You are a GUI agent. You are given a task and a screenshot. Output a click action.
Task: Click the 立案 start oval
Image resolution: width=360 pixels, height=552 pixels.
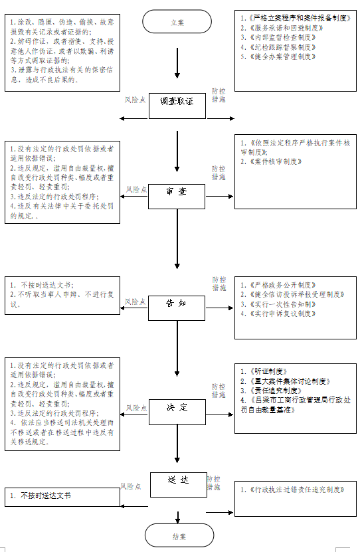point(177,23)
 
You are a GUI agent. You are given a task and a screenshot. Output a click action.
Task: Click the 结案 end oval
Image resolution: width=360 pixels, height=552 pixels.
point(177,535)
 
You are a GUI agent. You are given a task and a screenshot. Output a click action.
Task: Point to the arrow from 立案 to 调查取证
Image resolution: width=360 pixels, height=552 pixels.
point(177,64)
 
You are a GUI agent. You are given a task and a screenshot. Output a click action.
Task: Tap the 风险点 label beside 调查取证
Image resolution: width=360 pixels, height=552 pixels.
point(135,100)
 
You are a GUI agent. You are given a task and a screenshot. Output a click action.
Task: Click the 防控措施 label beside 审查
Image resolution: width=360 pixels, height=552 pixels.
point(218,173)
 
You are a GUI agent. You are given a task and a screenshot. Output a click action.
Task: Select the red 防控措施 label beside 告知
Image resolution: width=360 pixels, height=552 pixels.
point(219,284)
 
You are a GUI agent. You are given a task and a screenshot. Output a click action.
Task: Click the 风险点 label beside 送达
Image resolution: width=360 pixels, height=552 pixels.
point(130,486)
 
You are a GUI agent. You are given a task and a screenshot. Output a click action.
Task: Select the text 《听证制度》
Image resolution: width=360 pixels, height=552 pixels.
point(265,371)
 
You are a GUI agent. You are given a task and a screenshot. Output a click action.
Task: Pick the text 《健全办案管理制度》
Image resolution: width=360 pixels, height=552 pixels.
point(282,56)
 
